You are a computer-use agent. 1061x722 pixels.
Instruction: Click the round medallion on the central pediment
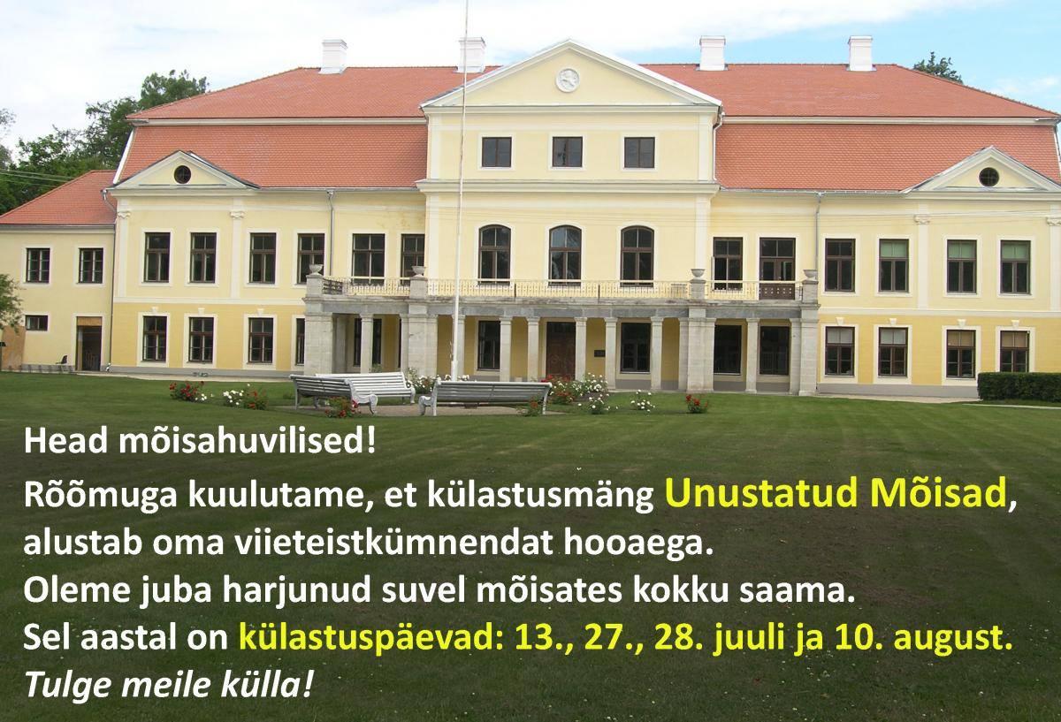coord(568,80)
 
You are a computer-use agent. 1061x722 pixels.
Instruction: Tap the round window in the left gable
coord(182,175)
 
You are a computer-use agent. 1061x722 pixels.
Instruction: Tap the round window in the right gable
coord(988,177)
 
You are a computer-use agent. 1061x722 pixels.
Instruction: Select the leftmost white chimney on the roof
coord(334,57)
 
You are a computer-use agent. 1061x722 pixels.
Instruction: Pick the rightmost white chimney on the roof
coord(860,53)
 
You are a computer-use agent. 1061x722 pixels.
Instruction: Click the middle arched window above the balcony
coord(566,255)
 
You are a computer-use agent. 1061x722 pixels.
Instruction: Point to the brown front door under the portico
coord(561,349)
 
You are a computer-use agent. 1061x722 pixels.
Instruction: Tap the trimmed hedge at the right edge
coord(1019,387)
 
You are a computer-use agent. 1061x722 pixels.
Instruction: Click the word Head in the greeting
coord(66,442)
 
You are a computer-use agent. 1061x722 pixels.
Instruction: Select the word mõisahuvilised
coord(247,442)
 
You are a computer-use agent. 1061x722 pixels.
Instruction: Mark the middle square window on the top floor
coord(567,152)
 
